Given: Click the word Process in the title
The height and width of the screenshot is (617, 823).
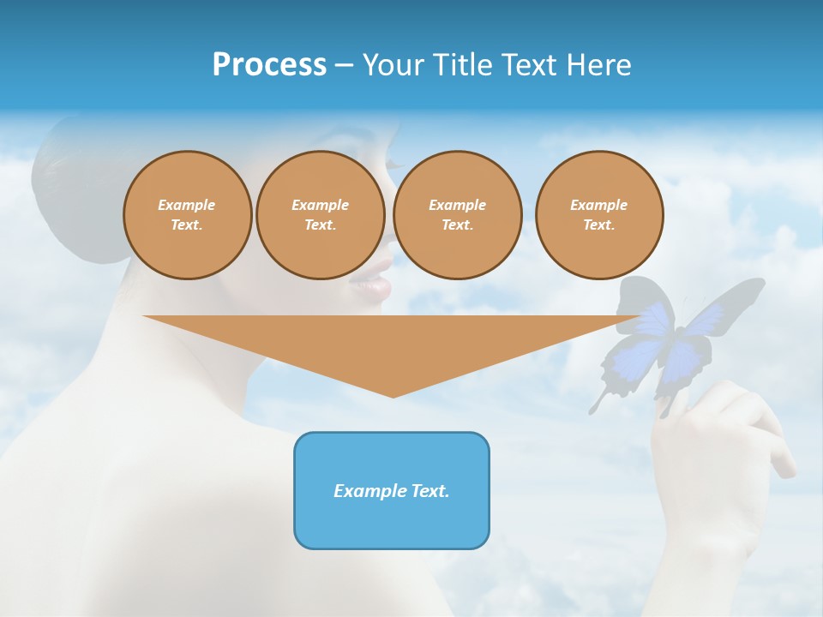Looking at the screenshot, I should click(269, 65).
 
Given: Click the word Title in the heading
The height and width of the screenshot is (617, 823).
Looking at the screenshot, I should click(462, 65).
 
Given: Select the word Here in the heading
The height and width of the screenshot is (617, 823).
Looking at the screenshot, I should click(599, 65).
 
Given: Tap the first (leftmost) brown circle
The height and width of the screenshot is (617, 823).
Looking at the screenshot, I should click(187, 215).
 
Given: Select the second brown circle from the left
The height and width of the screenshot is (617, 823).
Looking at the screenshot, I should click(321, 215).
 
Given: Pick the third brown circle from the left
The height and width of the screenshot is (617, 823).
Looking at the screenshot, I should click(458, 215).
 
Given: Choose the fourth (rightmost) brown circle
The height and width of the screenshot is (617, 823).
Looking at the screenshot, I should click(599, 215).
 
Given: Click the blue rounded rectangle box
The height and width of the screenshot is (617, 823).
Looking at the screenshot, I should click(392, 490).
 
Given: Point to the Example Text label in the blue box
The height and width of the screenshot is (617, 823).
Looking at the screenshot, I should click(392, 491).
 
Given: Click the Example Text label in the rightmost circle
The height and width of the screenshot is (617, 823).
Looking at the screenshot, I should click(599, 215).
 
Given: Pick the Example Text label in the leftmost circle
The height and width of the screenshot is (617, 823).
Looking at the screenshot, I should click(187, 215).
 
